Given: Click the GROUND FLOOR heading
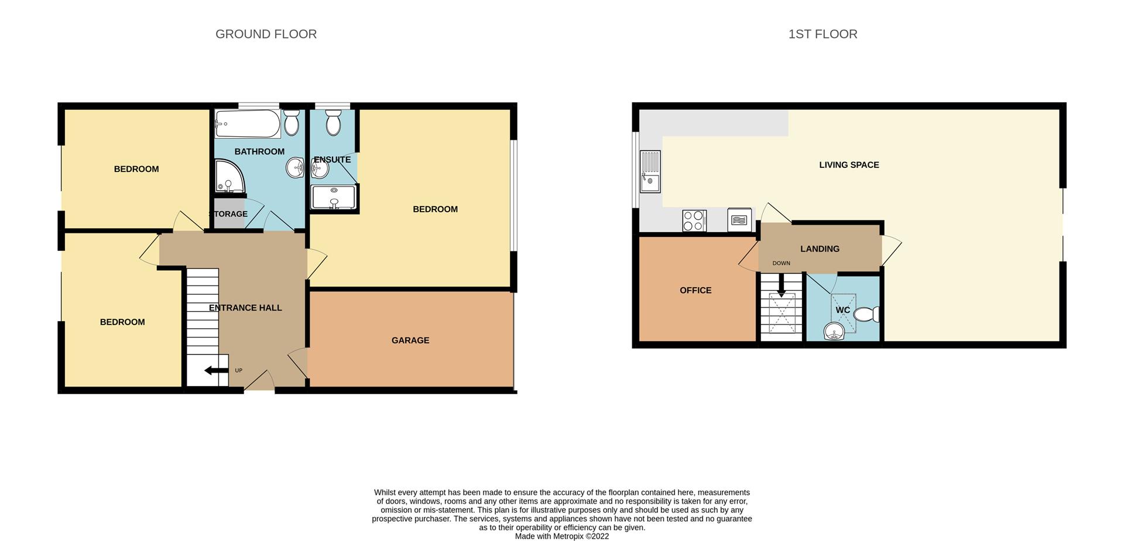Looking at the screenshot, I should click(266, 34).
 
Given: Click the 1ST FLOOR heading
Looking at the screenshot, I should click(823, 34).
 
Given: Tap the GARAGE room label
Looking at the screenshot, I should click(410, 340).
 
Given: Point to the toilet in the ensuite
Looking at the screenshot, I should click(333, 123).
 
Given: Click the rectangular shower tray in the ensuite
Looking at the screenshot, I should click(334, 197).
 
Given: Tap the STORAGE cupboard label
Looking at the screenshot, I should click(229, 214).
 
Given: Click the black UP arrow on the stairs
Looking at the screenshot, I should click(215, 370).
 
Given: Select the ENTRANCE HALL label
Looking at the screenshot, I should click(245, 308).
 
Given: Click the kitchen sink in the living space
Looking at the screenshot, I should click(650, 171).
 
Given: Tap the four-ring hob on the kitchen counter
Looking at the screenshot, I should click(694, 220).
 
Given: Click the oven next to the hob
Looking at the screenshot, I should click(739, 220).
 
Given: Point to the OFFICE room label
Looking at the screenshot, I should click(695, 290).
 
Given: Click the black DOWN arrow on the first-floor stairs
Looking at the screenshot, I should click(781, 286).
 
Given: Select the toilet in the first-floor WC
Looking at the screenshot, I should click(867, 314).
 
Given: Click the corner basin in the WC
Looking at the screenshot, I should click(834, 332).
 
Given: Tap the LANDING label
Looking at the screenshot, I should click(820, 249).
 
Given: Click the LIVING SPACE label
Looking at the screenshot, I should click(849, 165).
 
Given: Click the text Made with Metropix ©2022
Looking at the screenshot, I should click(562, 536).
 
